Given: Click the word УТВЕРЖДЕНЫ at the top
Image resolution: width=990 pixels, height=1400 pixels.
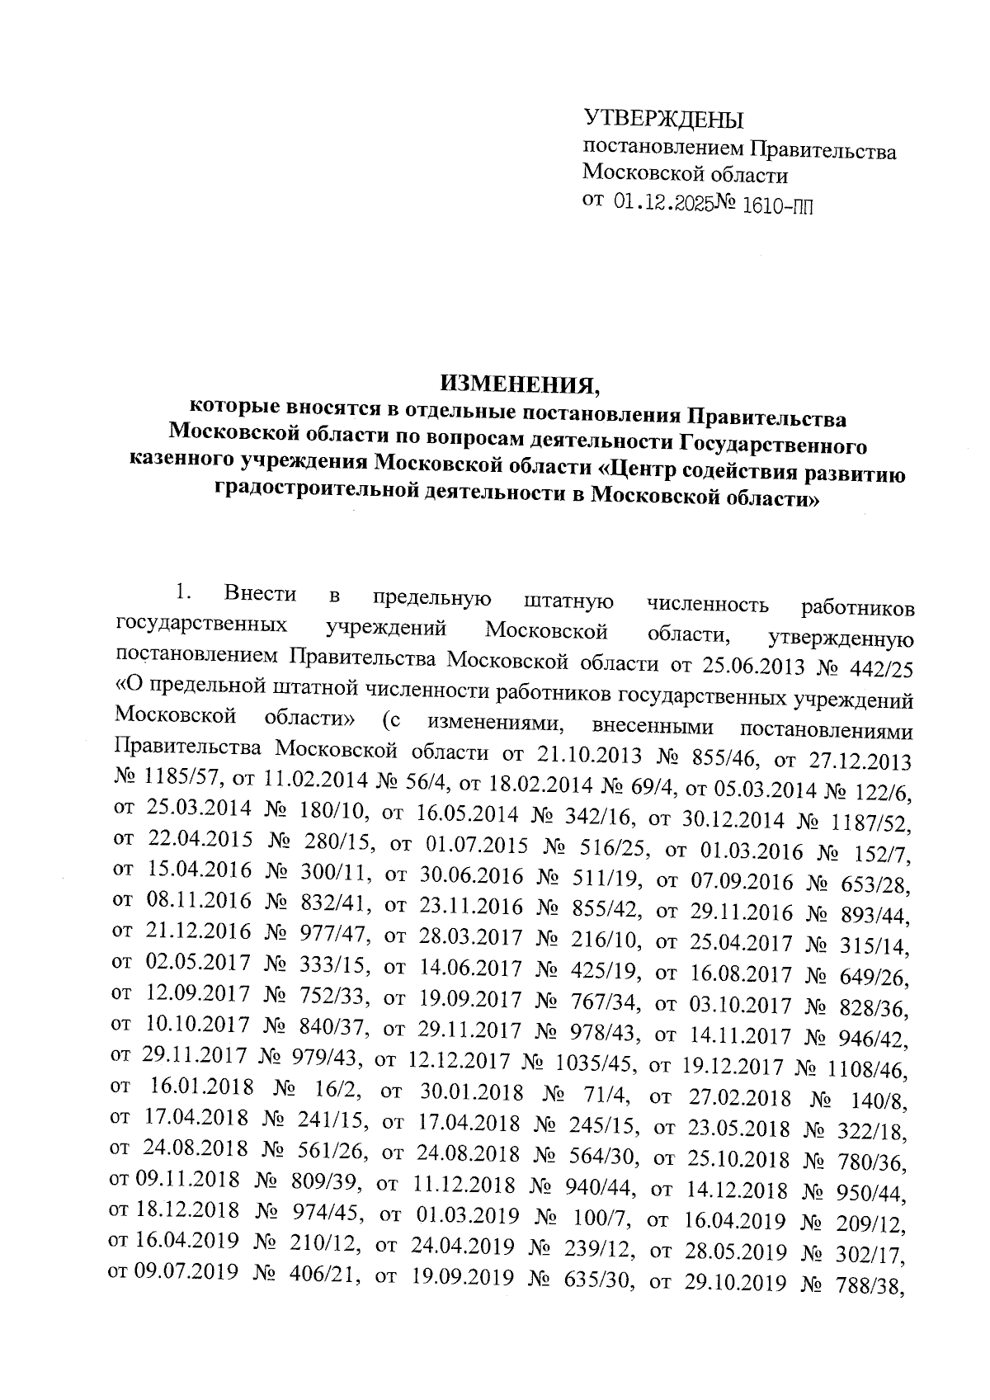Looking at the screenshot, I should tap(663, 120).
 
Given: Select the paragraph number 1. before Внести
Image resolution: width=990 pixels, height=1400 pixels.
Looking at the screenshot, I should tap(182, 594).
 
